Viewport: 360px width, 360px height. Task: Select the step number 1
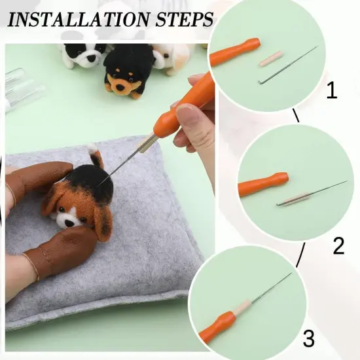pyautogui.click(x=332, y=90)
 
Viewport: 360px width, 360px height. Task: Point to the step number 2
pyautogui.click(x=338, y=246)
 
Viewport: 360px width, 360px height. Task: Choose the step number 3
pyautogui.click(x=308, y=338)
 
